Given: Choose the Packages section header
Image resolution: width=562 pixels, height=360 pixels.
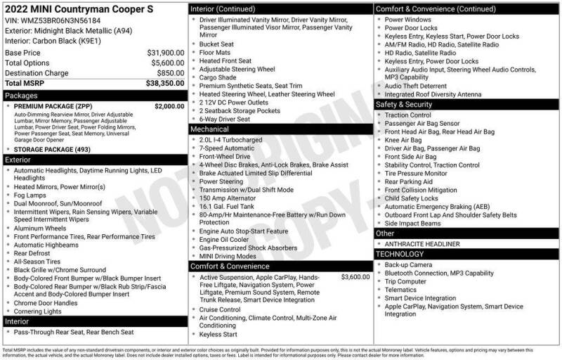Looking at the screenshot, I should pyautogui.click(x=20, y=94).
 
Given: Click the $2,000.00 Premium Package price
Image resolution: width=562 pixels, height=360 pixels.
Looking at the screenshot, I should pyautogui.click(x=169, y=105).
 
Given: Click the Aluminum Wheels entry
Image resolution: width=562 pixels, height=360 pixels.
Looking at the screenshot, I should pyautogui.click(x=40, y=229).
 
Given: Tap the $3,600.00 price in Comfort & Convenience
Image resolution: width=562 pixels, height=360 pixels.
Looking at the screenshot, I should pyautogui.click(x=355, y=277).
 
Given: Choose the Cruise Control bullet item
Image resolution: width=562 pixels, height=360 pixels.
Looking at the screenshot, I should pyautogui.click(x=220, y=309).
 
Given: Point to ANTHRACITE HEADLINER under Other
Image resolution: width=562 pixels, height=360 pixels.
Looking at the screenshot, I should pyautogui.click(x=421, y=244).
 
